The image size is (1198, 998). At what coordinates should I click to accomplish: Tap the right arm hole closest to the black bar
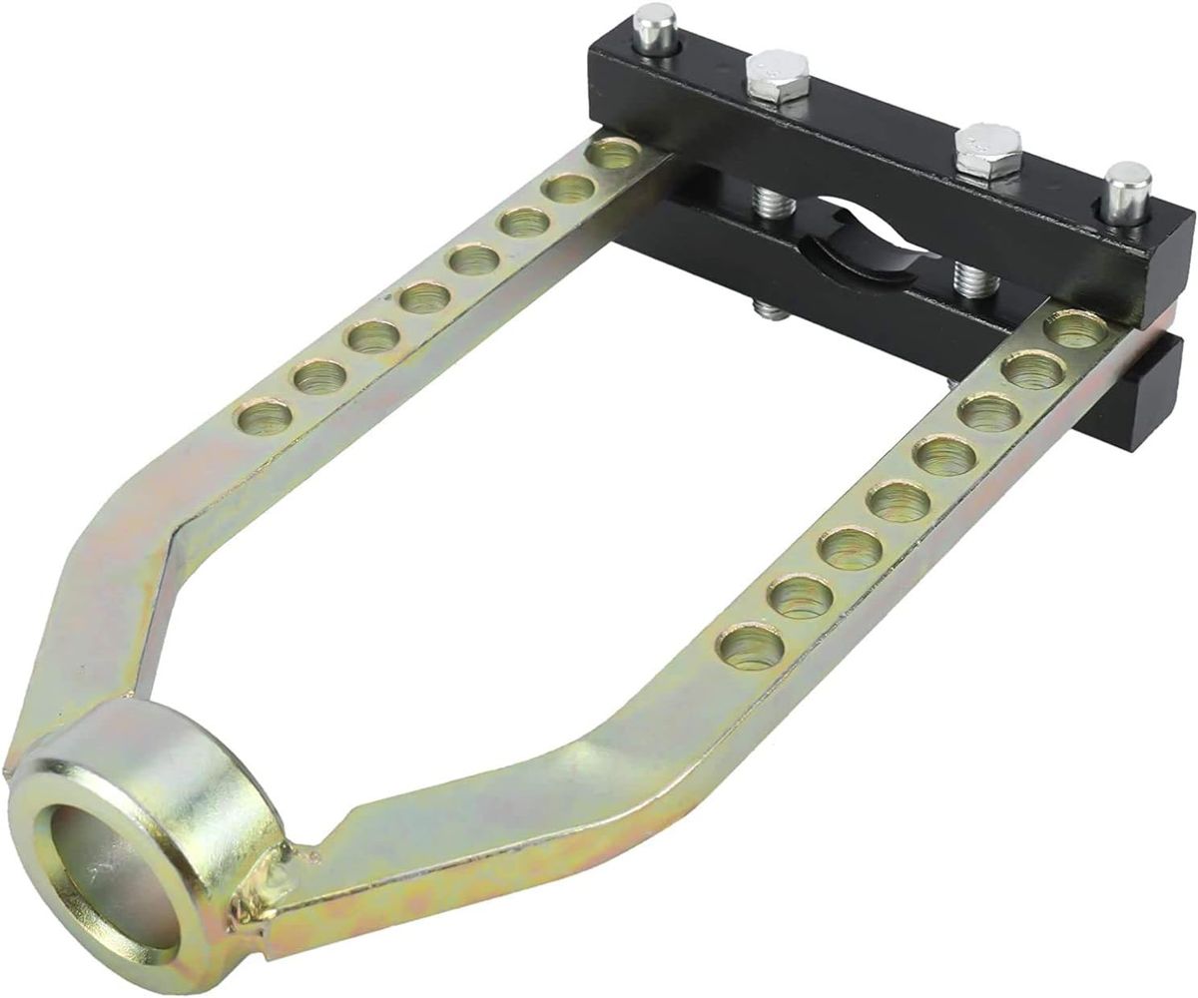1076,330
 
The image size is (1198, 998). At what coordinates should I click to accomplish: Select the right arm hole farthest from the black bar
752,646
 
